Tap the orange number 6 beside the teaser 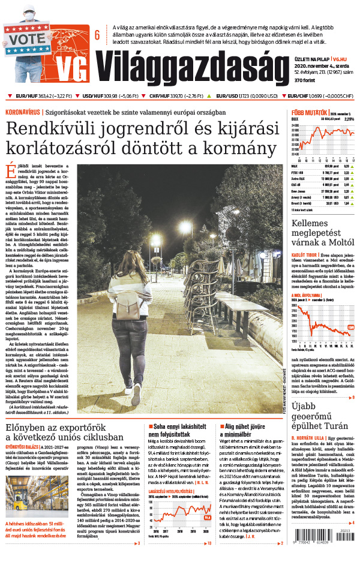(x=97, y=35)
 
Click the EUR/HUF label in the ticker (x=26, y=96)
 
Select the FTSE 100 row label (x=298, y=172)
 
